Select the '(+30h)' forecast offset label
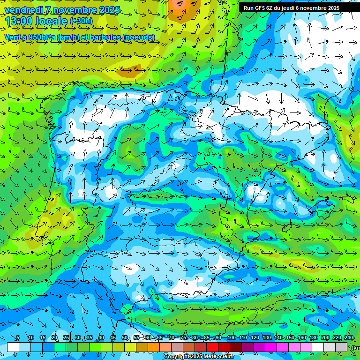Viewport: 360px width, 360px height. [81, 21]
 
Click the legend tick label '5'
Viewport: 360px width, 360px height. [18, 338]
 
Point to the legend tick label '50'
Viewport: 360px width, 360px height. [125, 338]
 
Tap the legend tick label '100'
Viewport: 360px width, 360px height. [231, 338]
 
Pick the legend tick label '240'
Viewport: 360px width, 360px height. [348, 338]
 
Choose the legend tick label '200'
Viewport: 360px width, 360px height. [325, 338]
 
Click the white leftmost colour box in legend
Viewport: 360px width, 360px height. [13, 347]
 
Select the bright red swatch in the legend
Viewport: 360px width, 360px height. [212, 347]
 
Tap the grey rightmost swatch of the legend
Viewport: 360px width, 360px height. [341, 347]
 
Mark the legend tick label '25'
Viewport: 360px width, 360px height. [66, 338]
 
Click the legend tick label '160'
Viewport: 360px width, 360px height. [301, 338]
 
